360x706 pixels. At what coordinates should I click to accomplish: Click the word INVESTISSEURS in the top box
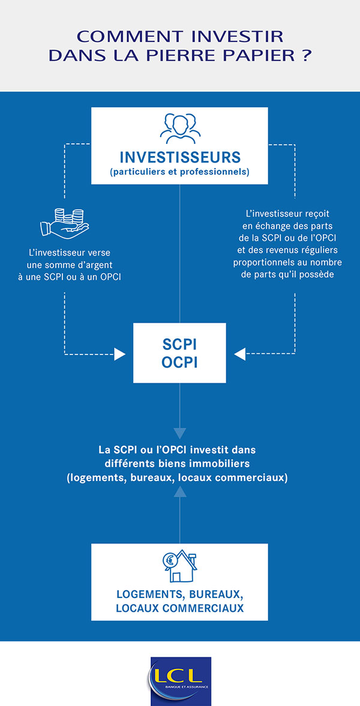180,157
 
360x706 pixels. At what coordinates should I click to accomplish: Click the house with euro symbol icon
180,566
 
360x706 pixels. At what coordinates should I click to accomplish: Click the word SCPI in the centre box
180,345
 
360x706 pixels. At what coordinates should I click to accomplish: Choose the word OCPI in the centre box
180,363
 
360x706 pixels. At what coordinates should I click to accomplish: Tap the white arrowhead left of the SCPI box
120,354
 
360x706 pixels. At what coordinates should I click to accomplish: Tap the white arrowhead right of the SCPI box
239,354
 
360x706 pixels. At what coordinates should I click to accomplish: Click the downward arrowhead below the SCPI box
180,433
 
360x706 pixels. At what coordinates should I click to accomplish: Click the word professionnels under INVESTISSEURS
217,172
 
